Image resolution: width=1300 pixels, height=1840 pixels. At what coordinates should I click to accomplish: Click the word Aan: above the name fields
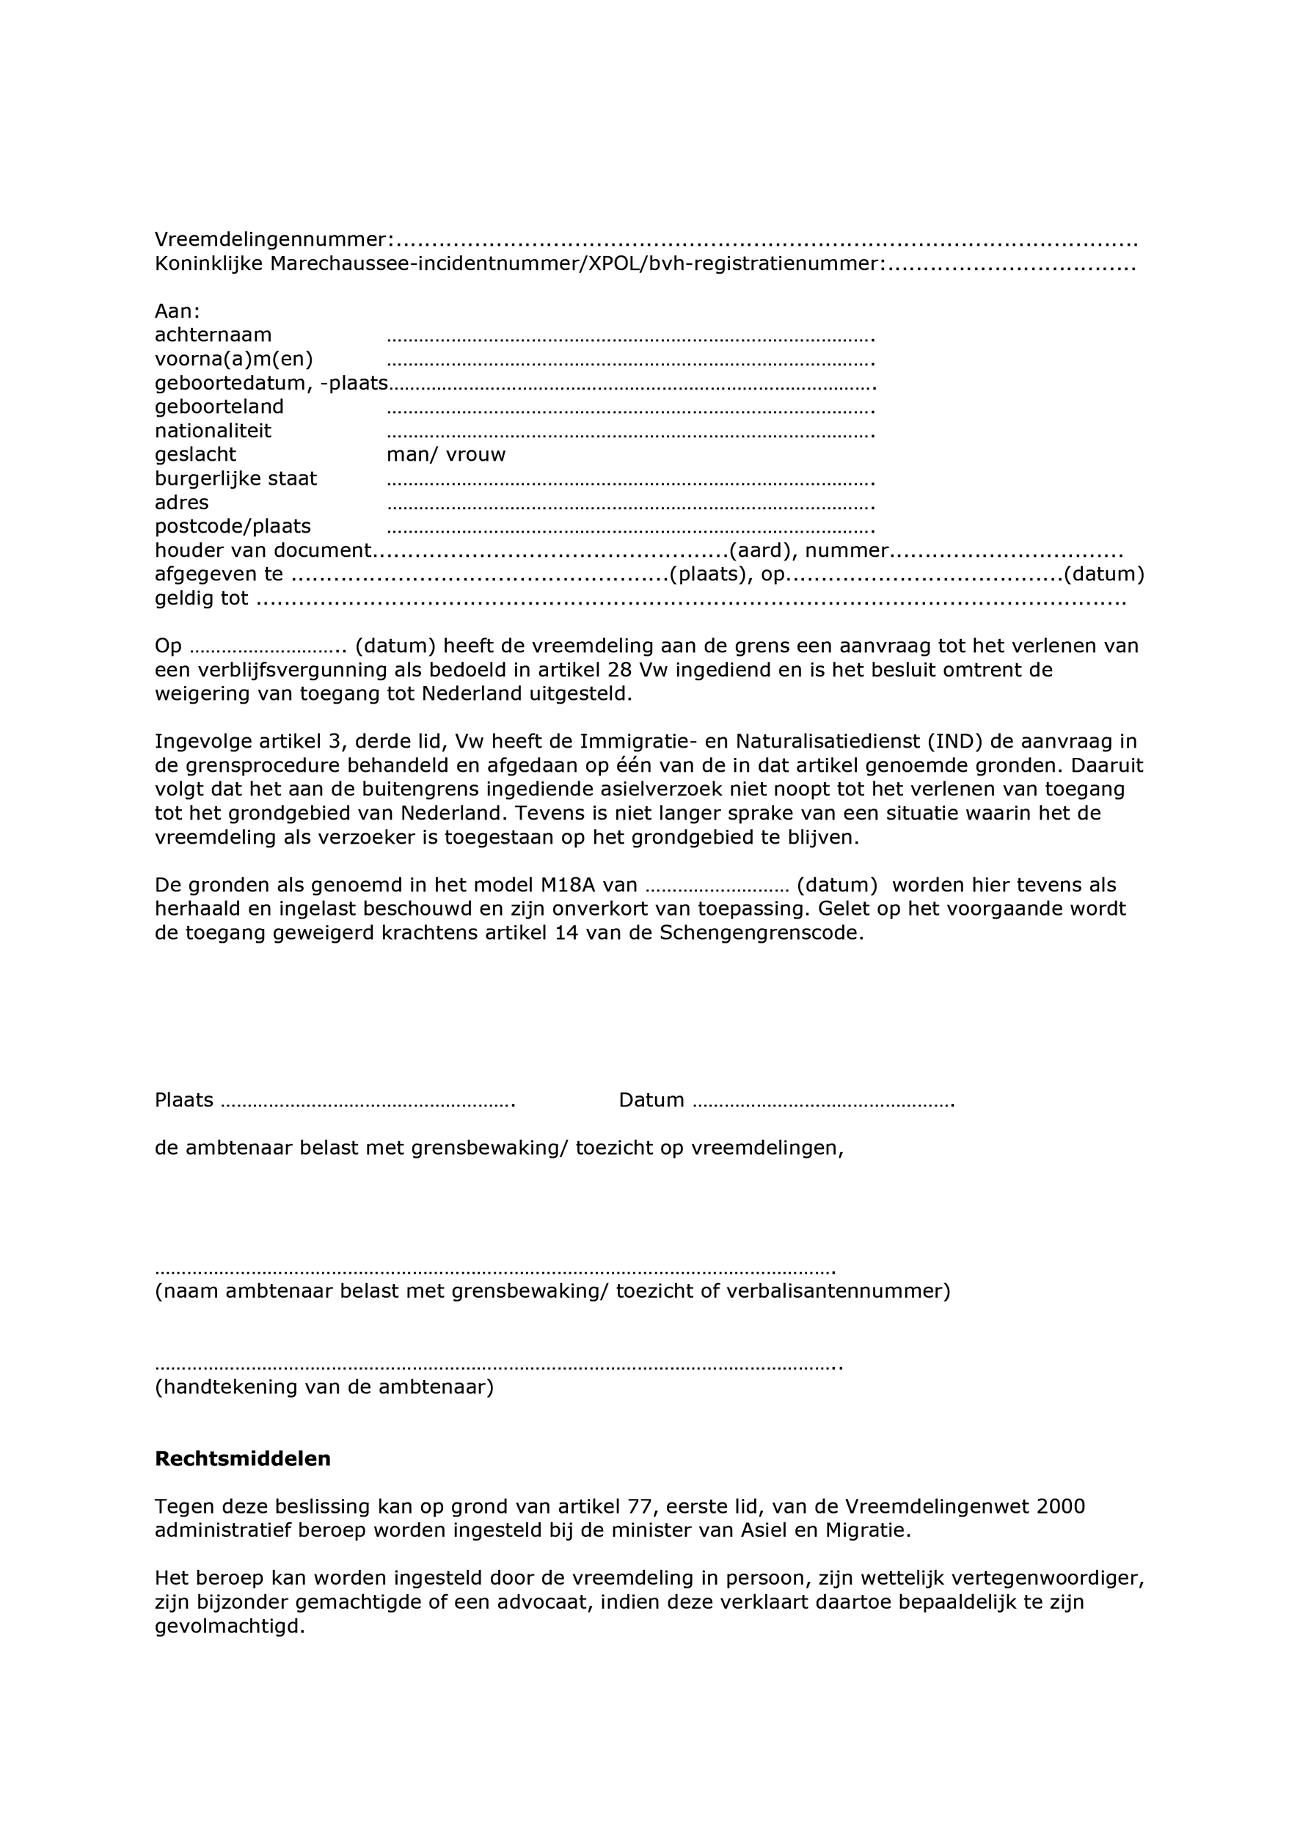click(177, 311)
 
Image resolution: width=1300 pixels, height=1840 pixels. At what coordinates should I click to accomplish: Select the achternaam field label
click(213, 335)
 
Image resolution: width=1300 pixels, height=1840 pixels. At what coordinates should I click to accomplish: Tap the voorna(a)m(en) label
click(234, 359)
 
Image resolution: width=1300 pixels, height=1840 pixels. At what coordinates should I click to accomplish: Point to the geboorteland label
click(219, 407)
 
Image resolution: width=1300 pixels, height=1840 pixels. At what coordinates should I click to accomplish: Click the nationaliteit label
click(213, 431)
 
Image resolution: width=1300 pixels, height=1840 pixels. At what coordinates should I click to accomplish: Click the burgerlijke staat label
click(235, 479)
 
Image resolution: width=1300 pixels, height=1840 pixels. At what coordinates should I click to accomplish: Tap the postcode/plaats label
click(233, 527)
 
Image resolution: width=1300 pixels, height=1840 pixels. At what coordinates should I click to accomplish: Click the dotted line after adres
click(630, 505)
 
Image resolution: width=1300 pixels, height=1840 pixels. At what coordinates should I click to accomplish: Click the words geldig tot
click(201, 599)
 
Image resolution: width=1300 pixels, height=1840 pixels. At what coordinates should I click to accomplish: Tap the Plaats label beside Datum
click(183, 1100)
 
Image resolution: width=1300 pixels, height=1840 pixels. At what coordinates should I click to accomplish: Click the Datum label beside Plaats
click(651, 1100)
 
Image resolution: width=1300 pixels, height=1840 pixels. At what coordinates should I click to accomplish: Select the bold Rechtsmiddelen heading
click(243, 1459)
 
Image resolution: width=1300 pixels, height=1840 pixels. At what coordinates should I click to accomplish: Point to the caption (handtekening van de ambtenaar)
click(324, 1387)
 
